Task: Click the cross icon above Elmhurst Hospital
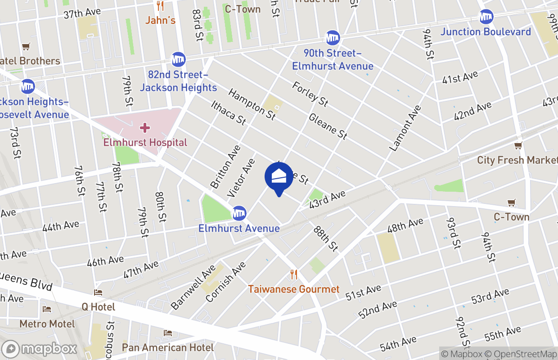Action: pyautogui.click(x=145, y=128)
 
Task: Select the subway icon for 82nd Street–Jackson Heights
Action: pyautogui.click(x=179, y=59)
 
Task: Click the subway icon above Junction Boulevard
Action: pyautogui.click(x=486, y=17)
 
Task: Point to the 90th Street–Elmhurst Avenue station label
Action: pyautogui.click(x=333, y=60)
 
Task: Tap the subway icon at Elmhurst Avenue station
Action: pyautogui.click(x=239, y=213)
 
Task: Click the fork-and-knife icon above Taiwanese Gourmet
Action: pyautogui.click(x=294, y=274)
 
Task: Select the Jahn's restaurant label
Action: pyautogui.click(x=160, y=20)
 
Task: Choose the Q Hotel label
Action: pyautogui.click(x=98, y=307)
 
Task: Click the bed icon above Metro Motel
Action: pyautogui.click(x=46, y=309)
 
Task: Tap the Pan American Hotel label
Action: pyautogui.click(x=168, y=347)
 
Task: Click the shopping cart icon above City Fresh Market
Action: pyautogui.click(x=518, y=145)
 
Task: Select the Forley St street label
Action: pyautogui.click(x=310, y=94)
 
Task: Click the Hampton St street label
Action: pyautogui.click(x=252, y=104)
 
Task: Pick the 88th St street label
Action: pyautogui.click(x=325, y=238)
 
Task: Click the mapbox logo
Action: pyautogui.click(x=40, y=349)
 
